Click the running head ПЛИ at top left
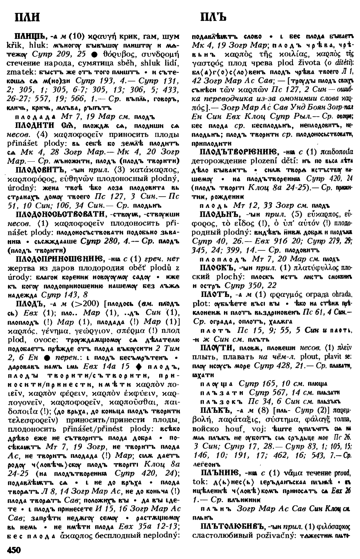(27, 17)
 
